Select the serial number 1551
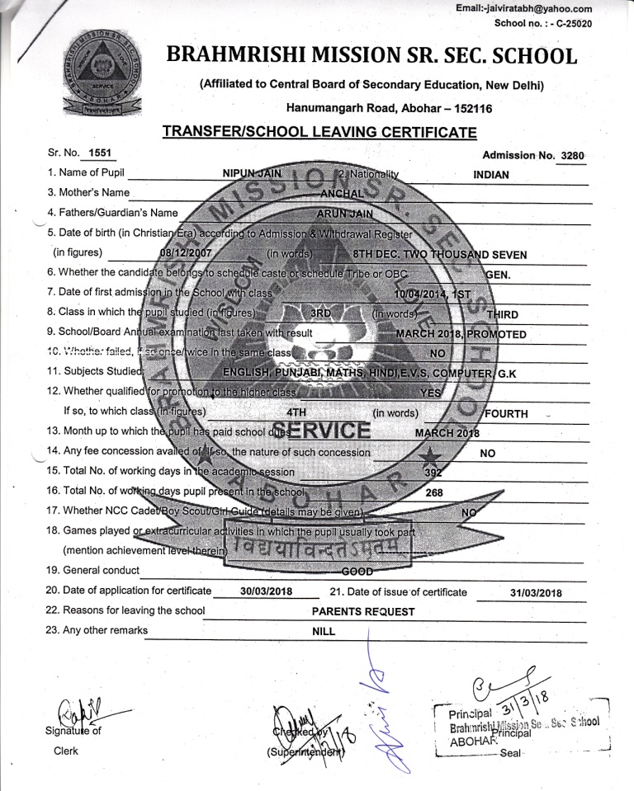click(x=99, y=154)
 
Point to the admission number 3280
click(x=571, y=155)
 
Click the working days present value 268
click(x=435, y=492)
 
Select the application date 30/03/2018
click(x=267, y=591)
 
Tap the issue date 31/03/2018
click(x=535, y=592)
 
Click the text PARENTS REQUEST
click(x=363, y=611)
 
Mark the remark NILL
click(x=324, y=631)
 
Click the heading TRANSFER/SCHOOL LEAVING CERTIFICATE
click(x=319, y=132)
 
